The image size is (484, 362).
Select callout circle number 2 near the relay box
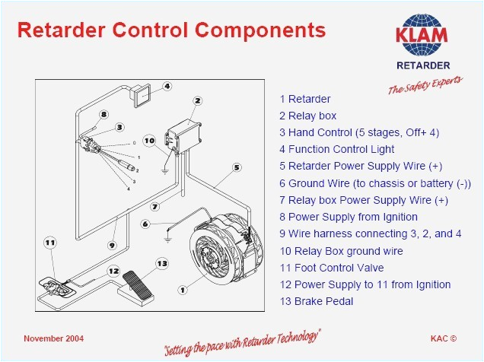pos(197,100)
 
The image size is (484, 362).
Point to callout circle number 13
pos(161,263)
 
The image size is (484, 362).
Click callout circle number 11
pos(50,243)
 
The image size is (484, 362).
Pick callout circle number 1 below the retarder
pos(182,288)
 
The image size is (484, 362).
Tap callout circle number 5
pos(237,167)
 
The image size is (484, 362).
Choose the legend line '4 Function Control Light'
pos(336,150)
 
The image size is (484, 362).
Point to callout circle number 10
pos(150,140)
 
